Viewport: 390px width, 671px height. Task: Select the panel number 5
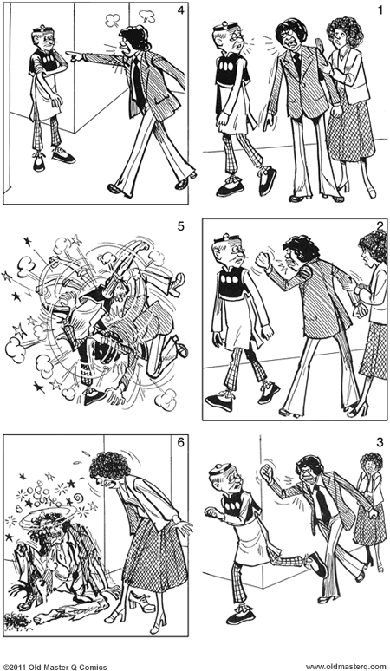click(179, 227)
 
